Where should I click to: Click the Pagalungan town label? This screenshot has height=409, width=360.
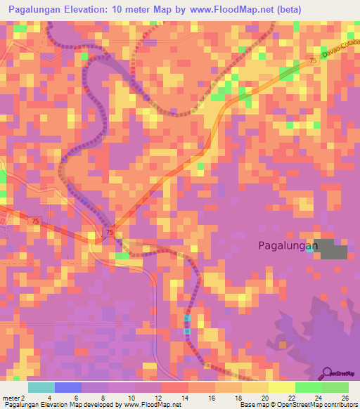(x=288, y=245)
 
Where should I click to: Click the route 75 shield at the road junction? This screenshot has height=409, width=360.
(x=109, y=232)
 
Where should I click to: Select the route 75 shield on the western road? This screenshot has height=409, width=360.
(x=34, y=221)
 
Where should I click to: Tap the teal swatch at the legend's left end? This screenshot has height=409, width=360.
(x=41, y=387)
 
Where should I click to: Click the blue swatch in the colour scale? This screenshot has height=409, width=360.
(x=68, y=387)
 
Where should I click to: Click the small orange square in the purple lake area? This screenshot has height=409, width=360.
(x=283, y=344)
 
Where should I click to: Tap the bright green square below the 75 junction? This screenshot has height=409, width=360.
(x=122, y=256)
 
